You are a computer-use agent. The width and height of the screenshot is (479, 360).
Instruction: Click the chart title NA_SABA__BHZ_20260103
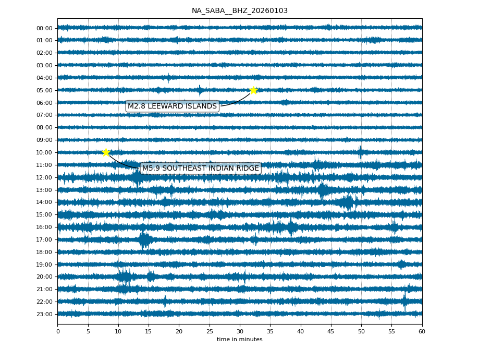click(239, 10)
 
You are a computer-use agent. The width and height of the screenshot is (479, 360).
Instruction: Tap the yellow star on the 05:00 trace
click(253, 90)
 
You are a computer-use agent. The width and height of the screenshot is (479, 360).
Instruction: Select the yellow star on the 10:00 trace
click(106, 152)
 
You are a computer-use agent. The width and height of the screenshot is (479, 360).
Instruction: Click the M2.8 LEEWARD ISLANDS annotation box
click(172, 106)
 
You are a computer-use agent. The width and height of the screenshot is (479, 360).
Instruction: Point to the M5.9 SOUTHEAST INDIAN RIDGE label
click(201, 169)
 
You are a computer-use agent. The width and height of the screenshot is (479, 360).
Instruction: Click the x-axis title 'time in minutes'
click(239, 340)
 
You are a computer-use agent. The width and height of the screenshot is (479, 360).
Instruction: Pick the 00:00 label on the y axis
click(44, 28)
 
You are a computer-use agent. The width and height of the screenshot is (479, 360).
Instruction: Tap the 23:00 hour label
click(44, 314)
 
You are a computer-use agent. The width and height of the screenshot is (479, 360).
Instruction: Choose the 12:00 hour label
click(44, 177)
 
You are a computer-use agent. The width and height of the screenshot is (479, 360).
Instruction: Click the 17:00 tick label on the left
click(44, 239)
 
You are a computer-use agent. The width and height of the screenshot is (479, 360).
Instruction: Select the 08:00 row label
click(44, 127)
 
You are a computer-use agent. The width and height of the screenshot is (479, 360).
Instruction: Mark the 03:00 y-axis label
click(44, 65)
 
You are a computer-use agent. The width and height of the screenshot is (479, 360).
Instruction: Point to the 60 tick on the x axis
click(422, 331)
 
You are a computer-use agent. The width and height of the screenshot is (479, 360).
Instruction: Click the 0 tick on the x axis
click(57, 331)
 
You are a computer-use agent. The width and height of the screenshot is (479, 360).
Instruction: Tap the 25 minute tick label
click(209, 331)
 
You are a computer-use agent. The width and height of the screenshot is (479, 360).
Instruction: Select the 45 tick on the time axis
click(330, 331)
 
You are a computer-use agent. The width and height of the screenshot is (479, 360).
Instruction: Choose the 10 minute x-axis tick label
click(118, 331)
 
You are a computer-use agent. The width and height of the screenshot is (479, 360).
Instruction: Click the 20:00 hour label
click(44, 277)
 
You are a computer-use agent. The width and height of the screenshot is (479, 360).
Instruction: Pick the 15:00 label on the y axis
click(44, 214)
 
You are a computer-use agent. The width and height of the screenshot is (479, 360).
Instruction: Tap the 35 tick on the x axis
click(270, 331)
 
